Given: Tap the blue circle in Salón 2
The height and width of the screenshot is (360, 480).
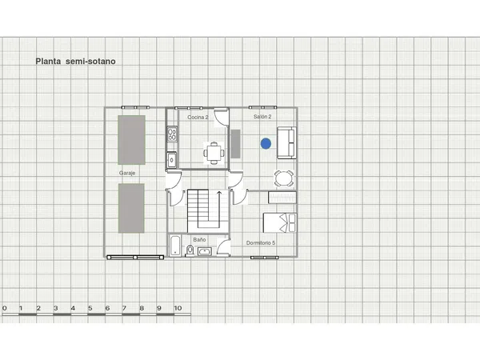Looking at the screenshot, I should tap(265, 143).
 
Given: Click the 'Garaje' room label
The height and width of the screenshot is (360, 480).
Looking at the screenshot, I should tap(126, 172).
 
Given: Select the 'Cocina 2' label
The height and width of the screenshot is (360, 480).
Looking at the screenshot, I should tap(198, 118).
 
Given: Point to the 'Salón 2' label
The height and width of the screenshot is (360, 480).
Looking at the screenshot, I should tap(262, 117).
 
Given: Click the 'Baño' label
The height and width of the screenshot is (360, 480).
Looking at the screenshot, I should tap(200, 239).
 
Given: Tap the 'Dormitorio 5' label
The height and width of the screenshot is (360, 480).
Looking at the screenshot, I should tap(261, 243).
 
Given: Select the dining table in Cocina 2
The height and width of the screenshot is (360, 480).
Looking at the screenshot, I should tap(213, 151).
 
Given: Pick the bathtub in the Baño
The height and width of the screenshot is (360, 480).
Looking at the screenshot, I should tap(174, 246).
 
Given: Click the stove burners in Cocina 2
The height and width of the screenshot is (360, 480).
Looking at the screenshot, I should tap(171, 134).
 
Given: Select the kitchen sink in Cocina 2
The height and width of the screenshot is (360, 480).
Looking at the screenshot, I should tap(171, 159).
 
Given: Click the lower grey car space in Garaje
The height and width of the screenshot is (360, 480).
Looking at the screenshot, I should tap(131, 207).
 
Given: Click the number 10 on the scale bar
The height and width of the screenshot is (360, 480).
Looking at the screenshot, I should tap(177, 308).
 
